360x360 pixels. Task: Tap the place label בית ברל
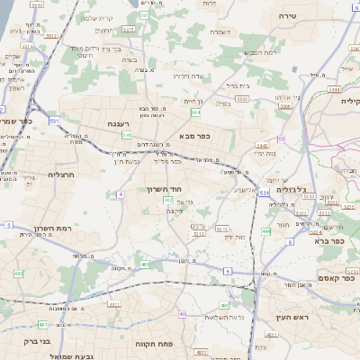click(x=236, y=87)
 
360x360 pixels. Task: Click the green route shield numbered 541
click(x=126, y=135)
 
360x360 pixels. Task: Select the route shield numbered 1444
click(x=336, y=89)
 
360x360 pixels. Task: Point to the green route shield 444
click(x=266, y=231)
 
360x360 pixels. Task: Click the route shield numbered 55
click(x=282, y=139)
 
